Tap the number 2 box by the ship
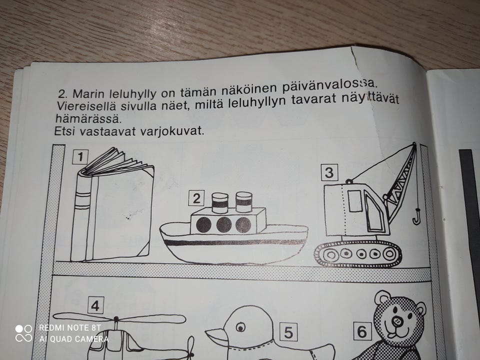tap(196, 198)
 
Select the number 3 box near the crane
tap(329, 173)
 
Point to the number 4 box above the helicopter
tap(95, 305)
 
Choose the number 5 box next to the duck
tap(288, 331)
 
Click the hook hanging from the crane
tap(416, 217)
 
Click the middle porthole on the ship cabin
tap(224, 225)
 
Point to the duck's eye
tap(241, 327)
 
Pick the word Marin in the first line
tap(84, 93)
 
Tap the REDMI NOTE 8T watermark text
tap(70, 328)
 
